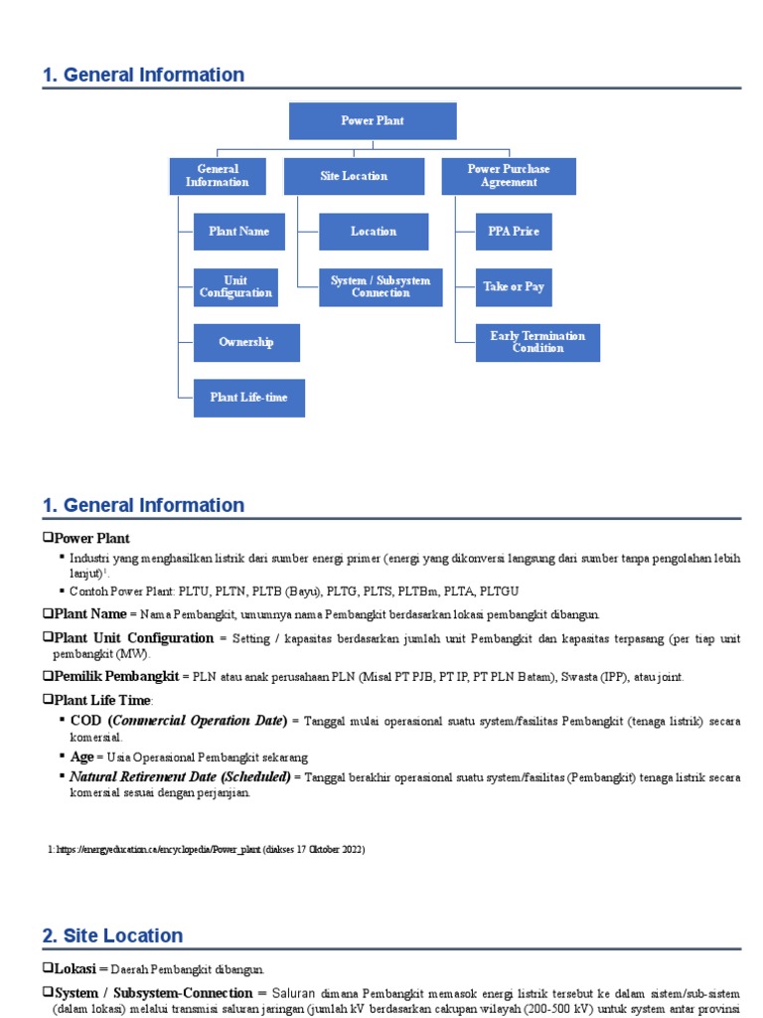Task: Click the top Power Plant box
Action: (x=373, y=121)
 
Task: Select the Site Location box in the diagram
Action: (x=354, y=176)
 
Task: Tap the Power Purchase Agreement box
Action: (x=509, y=176)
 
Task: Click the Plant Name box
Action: (x=238, y=232)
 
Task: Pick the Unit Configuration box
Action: (x=235, y=287)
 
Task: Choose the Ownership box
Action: (x=246, y=343)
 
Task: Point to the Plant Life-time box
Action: (x=248, y=398)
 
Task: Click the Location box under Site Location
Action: (x=374, y=232)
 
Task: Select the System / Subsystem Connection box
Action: (x=381, y=287)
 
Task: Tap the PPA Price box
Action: (x=514, y=232)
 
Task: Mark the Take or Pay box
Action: (x=514, y=287)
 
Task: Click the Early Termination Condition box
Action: (x=537, y=343)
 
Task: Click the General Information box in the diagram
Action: (x=218, y=176)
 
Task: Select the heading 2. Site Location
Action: (x=113, y=935)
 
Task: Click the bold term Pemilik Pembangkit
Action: (x=116, y=676)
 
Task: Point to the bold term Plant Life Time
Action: (x=105, y=700)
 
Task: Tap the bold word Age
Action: (x=82, y=757)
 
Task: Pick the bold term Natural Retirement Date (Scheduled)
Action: (x=180, y=775)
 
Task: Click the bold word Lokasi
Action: (x=76, y=967)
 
